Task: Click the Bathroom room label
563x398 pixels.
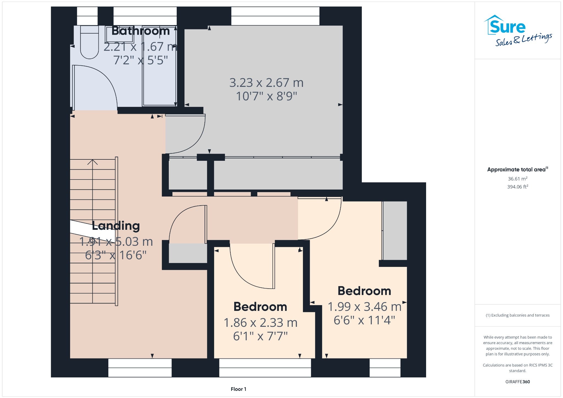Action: tap(140, 31)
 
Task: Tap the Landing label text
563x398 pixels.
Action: tap(116, 226)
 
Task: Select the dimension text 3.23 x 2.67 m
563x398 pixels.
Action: tap(266, 82)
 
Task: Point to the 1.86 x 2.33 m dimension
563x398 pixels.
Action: tap(261, 322)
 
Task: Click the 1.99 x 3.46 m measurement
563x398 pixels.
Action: tap(365, 306)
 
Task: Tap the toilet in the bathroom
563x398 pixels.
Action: tap(89, 42)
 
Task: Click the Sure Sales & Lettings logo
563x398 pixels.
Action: tap(518, 31)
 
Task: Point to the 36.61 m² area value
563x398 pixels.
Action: tap(518, 179)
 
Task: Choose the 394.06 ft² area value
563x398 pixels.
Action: tap(518, 187)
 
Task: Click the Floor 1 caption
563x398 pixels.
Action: tap(239, 389)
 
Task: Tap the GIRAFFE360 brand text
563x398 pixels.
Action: tap(518, 382)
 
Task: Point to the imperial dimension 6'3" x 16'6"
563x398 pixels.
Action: tap(116, 255)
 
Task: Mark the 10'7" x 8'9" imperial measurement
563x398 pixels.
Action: tap(266, 96)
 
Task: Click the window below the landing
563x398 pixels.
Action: tap(140, 368)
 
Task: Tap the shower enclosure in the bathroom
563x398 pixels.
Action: tap(159, 66)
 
